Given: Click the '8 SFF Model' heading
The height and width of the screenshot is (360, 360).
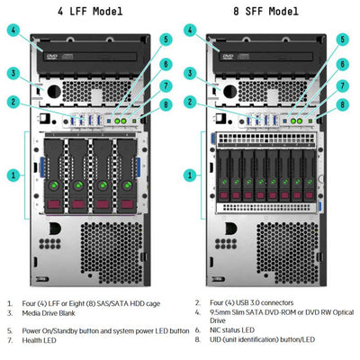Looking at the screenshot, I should tap(265, 12).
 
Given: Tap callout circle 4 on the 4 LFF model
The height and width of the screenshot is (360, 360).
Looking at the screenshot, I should tap(14, 30).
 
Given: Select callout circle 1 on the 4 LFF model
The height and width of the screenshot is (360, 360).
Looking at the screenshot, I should tap(14, 174).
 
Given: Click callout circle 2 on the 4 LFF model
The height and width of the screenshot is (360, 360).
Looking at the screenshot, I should tap(14, 102).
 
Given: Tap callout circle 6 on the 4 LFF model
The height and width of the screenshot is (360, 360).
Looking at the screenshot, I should tap(166, 64).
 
